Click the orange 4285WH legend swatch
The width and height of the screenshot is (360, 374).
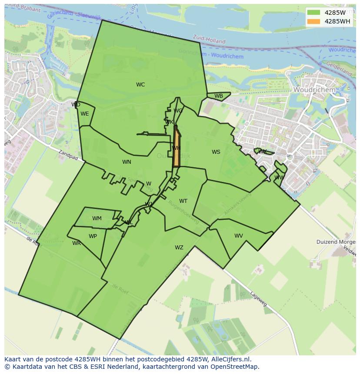(x=313, y=21)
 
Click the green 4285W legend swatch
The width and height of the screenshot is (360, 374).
(x=313, y=13)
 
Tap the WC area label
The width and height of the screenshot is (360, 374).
(x=140, y=85)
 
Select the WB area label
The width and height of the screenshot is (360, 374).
(x=219, y=96)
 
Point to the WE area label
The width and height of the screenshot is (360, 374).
(x=85, y=114)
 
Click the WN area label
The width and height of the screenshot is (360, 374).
(x=127, y=162)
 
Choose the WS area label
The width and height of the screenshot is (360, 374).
(x=216, y=152)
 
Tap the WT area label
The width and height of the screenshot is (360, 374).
(x=183, y=201)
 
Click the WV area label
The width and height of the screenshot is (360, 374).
(x=239, y=236)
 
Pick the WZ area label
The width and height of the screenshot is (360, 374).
(x=179, y=248)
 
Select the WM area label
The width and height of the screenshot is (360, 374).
(x=97, y=218)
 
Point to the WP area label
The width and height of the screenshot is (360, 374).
(x=93, y=236)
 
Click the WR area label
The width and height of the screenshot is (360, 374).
(x=77, y=243)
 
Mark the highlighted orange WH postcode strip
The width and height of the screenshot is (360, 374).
(x=177, y=148)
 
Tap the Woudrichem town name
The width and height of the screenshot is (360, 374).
(x=314, y=89)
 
